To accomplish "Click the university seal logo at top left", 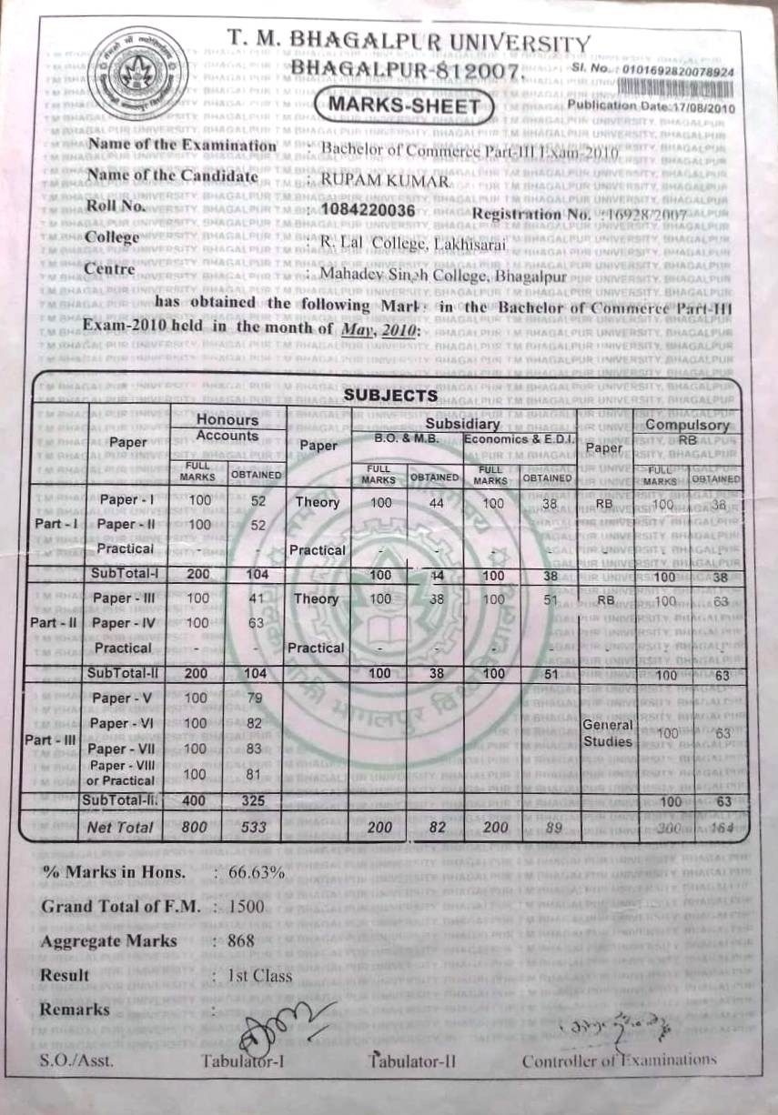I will (x=138, y=74).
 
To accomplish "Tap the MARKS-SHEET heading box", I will (x=403, y=105).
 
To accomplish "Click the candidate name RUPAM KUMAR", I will (x=386, y=181).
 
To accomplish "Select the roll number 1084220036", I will (x=361, y=211).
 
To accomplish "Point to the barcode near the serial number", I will (x=677, y=86).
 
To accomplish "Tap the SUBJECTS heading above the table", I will (x=390, y=395).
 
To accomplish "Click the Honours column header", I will (x=227, y=420).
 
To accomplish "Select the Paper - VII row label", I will (x=126, y=748).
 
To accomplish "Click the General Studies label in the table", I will (x=608, y=733).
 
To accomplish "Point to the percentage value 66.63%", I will (x=257, y=871).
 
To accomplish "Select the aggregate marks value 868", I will (x=241, y=940).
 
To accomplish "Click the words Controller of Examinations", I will (x=619, y=1060).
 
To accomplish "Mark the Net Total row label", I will (x=120, y=828).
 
